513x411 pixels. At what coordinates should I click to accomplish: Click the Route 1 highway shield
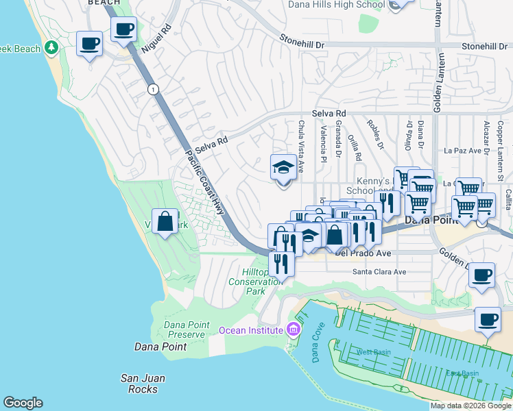click(152, 89)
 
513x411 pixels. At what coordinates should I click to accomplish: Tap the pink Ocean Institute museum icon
click(294, 329)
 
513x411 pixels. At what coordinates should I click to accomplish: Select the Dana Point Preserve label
click(184, 329)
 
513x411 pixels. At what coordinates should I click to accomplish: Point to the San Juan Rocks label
click(143, 384)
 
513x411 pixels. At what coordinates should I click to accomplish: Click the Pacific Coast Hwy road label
click(205, 182)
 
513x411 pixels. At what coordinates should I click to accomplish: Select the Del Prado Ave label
click(363, 253)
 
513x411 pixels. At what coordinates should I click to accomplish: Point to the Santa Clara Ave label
click(379, 272)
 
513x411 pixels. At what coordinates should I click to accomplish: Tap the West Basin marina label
click(373, 352)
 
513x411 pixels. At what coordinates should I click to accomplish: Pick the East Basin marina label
click(462, 373)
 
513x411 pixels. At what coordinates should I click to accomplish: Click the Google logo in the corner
click(23, 403)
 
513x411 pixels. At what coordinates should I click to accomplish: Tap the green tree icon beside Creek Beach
click(51, 48)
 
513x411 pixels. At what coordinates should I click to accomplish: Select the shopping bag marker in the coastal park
click(165, 222)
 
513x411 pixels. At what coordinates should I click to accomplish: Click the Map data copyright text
click(470, 406)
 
